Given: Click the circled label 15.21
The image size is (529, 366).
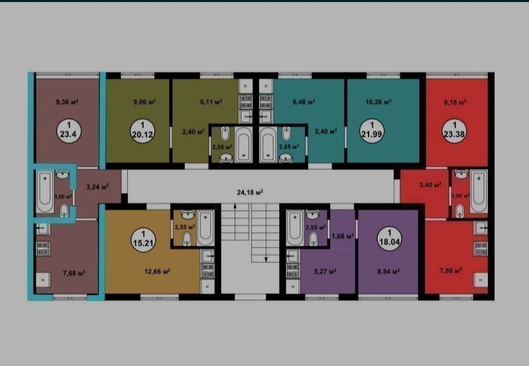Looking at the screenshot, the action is coord(143,240).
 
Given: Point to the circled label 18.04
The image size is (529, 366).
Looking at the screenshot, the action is coord(389,239).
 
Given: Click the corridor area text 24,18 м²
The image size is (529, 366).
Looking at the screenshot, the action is coord(250,193).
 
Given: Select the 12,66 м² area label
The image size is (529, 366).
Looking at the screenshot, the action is coord(157,271).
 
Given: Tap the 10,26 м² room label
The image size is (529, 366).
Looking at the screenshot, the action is coord(379,102).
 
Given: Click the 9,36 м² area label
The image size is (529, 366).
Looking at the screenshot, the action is coord(68,102).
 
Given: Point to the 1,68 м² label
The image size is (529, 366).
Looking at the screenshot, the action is coord(342,236).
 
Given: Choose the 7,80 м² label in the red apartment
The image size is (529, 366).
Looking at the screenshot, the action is coord(451,270).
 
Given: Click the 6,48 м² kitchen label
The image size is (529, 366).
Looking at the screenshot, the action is coord(304,102).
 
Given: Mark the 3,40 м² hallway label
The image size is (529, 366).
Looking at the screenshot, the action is coord(431,185).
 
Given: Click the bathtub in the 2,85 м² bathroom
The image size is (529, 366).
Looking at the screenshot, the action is coord(269,145).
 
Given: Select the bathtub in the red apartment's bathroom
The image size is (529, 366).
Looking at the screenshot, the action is coord(479,191).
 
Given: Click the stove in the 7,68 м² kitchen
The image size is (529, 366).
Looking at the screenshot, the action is coord(43,249).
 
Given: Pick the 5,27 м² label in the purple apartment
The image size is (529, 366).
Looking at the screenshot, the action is coord(325,271).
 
